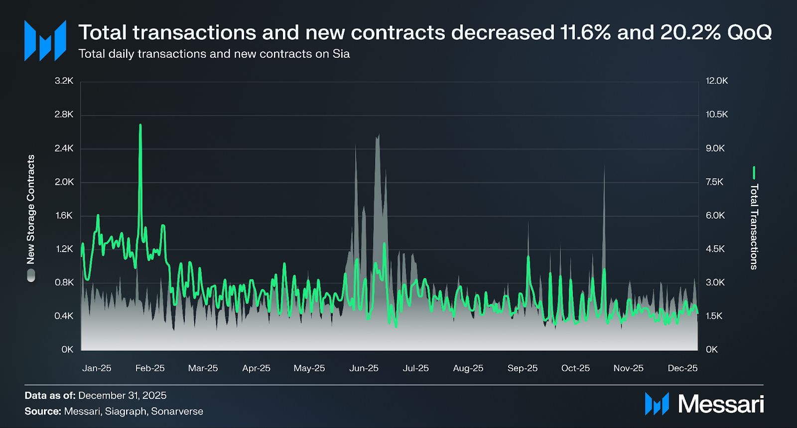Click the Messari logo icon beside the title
point(45,41)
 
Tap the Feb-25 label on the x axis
point(150,368)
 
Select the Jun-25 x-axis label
point(364,368)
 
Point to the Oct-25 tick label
point(575,368)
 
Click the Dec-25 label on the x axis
point(682,368)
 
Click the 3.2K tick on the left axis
point(64,81)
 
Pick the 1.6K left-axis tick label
point(64,215)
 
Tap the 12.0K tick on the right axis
point(717,81)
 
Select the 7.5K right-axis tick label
point(714,182)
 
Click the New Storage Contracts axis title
point(31,209)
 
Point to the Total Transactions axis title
point(754,227)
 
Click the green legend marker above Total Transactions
point(754,173)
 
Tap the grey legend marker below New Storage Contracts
point(31,276)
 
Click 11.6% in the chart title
point(585,33)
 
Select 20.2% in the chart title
point(690,33)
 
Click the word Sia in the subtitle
point(341,54)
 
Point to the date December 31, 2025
point(122,396)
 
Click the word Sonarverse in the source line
point(177,412)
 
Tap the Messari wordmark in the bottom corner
point(721,404)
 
